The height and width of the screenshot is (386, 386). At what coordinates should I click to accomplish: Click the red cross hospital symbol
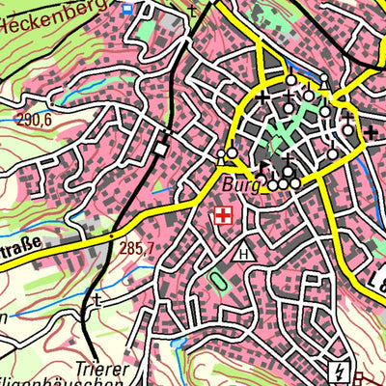pyautogui.click(x=224, y=216)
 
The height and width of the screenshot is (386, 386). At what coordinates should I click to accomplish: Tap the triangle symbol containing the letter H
pyautogui.click(x=242, y=254)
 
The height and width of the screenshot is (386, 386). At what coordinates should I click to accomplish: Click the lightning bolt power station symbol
pyautogui.click(x=339, y=371)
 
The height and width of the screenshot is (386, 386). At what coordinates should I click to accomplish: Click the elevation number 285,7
pyautogui.click(x=137, y=249)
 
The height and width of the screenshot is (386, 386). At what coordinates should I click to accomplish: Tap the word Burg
pyautogui.click(x=242, y=183)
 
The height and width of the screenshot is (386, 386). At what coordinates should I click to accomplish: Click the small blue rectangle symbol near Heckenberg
pyautogui.click(x=128, y=8)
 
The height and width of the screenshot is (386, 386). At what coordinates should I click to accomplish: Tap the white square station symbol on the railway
pyautogui.click(x=161, y=148)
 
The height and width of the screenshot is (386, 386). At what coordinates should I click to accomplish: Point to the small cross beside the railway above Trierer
pyautogui.click(x=96, y=301)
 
